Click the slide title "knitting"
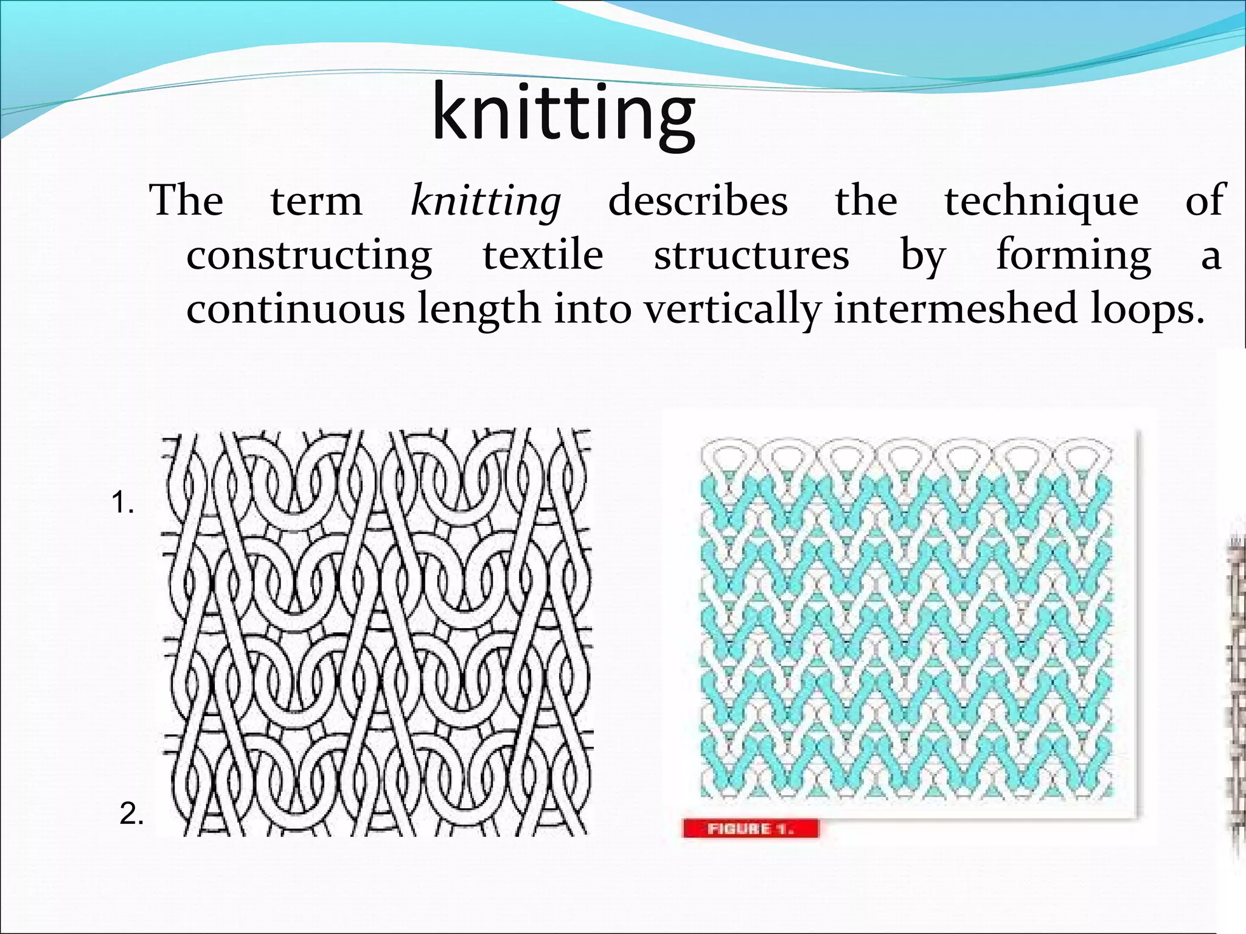pyautogui.click(x=563, y=114)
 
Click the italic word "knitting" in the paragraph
pyautogui.click(x=486, y=201)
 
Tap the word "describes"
pyautogui.click(x=698, y=201)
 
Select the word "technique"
pyautogui.click(x=1041, y=202)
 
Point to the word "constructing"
pyautogui.click(x=309, y=255)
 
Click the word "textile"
pyautogui.click(x=543, y=255)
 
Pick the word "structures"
pyautogui.click(x=751, y=255)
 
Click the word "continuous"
pyautogui.click(x=295, y=309)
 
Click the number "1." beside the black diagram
pyautogui.click(x=123, y=503)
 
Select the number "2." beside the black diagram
pyautogui.click(x=132, y=814)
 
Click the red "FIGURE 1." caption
pyautogui.click(x=751, y=828)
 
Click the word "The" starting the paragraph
pyautogui.click(x=186, y=201)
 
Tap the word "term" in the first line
pyautogui.click(x=316, y=202)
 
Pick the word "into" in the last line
pyautogui.click(x=592, y=309)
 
